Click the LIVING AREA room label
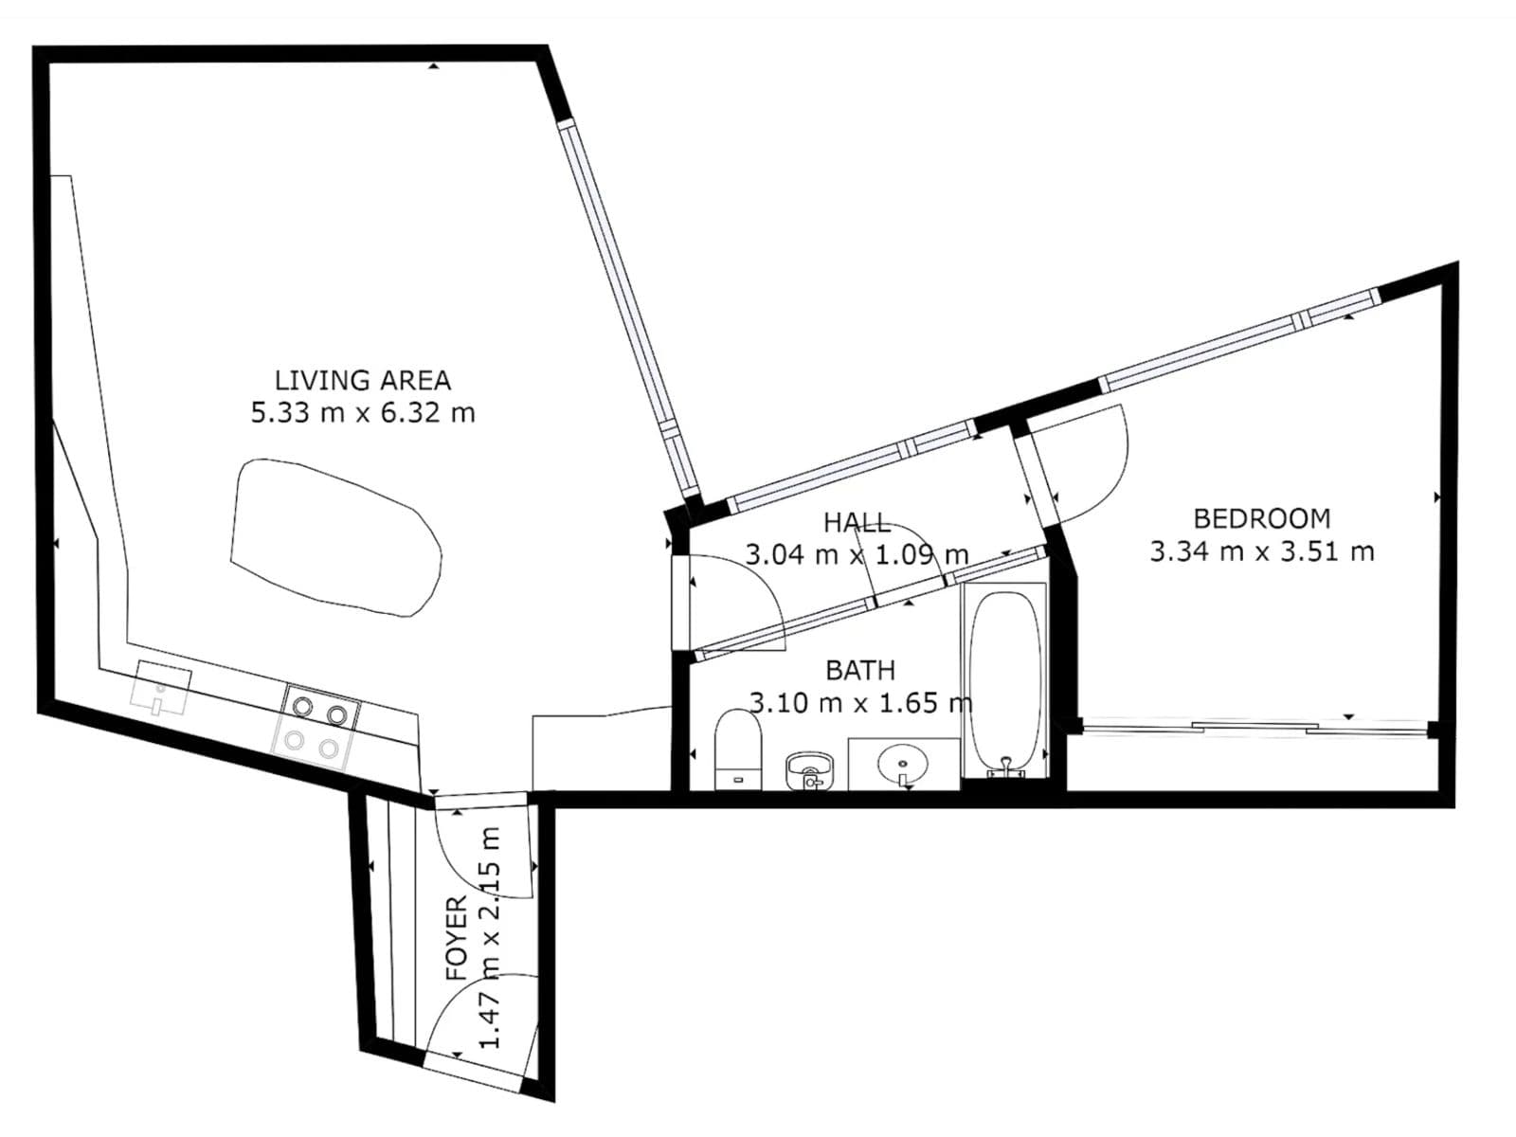click(x=362, y=380)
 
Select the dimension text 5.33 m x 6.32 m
click(x=362, y=413)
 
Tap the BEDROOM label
click(x=1261, y=518)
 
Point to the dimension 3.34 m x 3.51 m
click(x=1261, y=551)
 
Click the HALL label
click(x=856, y=522)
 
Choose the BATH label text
click(x=859, y=670)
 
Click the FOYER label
click(x=457, y=938)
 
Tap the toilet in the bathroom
click(x=738, y=749)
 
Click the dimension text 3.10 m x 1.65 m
click(x=859, y=703)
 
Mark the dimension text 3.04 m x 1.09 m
click(x=856, y=554)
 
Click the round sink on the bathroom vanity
click(x=902, y=762)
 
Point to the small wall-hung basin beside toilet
click(x=808, y=769)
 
